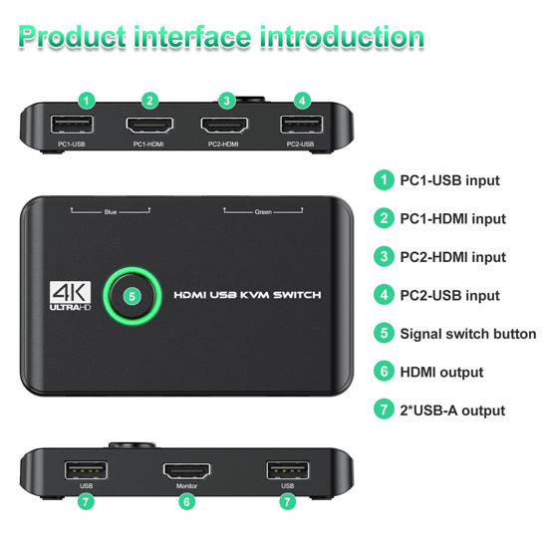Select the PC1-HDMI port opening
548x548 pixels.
tap(148, 126)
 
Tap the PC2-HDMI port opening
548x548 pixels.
tap(225, 126)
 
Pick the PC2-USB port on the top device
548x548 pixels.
tap(301, 126)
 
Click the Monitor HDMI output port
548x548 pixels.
tap(185, 470)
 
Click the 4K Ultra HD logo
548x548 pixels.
tap(70, 296)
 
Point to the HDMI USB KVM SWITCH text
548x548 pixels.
tap(248, 296)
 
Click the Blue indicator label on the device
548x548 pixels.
tap(111, 212)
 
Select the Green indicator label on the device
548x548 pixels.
tap(263, 212)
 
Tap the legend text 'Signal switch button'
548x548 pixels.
tap(467, 334)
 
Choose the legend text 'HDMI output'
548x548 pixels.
tap(441, 373)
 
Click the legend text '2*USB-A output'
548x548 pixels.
tap(452, 411)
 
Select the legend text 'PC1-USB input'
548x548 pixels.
tap(449, 180)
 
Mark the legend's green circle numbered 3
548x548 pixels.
tap(383, 257)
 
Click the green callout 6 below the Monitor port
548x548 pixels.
tap(185, 502)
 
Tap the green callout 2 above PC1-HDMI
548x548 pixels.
tap(149, 100)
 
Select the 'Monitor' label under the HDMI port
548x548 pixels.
tap(185, 486)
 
